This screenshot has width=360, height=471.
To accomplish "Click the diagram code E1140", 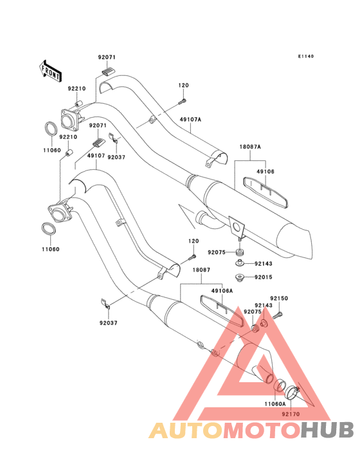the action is pos(306,56).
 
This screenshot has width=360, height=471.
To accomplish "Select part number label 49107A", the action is pos(190,120).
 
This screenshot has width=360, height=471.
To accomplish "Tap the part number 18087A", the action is pos(250,147).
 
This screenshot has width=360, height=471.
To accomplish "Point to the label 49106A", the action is pos(222,291).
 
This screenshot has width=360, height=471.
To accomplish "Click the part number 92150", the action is pos(279,299).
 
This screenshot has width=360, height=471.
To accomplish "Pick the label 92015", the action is pos(264,277).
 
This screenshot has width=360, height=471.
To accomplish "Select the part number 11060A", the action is pos(275,404).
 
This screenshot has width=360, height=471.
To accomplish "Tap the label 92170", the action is pos(291,414).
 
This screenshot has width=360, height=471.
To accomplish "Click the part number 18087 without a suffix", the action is pos(201,270).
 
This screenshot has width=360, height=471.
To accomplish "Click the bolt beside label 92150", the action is pos(278,315).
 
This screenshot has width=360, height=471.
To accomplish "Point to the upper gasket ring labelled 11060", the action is pos(51,129).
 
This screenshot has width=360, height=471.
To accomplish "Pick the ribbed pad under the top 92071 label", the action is pos(108,71).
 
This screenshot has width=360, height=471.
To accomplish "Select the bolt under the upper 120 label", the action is pos(183,102).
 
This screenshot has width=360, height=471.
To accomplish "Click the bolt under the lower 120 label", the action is pos(192,257).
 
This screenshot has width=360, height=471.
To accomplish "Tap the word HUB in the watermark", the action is pos(328,430).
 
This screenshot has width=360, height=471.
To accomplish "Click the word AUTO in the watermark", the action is pos(186,430).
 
